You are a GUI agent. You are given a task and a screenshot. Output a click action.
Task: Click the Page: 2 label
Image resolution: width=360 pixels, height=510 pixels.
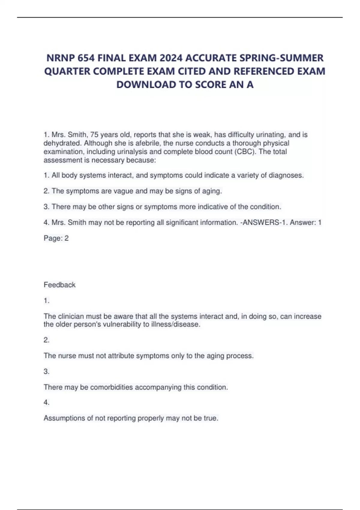click(x=56, y=238)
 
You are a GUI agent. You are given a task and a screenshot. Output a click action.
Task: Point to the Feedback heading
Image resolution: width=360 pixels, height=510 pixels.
click(x=59, y=285)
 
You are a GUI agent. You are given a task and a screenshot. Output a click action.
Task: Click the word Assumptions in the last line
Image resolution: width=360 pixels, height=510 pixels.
click(x=64, y=418)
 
